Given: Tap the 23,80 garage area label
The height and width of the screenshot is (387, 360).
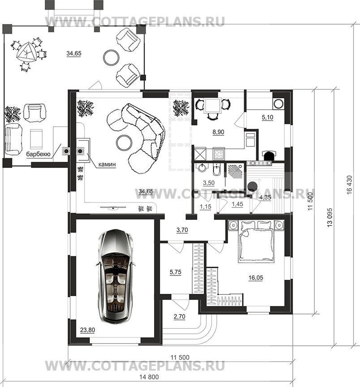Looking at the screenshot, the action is (x=87, y=330).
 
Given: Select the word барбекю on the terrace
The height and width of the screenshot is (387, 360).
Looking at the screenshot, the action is (x=38, y=154).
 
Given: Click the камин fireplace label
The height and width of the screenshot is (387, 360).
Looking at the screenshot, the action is (x=107, y=164).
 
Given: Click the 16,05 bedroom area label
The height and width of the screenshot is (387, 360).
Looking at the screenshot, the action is (x=256, y=278).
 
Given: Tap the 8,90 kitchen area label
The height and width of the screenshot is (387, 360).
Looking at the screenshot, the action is (x=219, y=132).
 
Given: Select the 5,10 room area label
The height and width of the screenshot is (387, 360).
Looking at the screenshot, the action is (x=267, y=117).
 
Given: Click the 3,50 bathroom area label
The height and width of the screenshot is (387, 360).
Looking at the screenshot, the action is (x=209, y=183).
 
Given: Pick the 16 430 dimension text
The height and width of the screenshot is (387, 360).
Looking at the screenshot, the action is (x=349, y=185).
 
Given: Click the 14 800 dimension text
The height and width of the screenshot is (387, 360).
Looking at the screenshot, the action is (x=149, y=377).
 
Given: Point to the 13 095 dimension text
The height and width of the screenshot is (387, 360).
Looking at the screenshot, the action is (x=330, y=218).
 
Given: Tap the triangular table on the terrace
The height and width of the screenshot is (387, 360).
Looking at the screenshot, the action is (x=26, y=53).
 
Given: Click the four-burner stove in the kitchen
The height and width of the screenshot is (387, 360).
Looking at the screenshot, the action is (x=219, y=155).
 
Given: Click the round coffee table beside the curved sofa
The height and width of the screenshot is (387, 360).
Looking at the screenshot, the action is (x=124, y=142).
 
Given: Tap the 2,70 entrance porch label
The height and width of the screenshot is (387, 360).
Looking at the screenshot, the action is (x=180, y=316).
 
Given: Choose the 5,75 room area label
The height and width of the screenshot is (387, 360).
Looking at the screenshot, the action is (x=176, y=272).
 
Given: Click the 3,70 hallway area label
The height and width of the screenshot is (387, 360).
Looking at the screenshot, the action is (x=182, y=230).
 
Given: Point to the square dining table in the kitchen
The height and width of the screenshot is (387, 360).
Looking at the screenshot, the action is (x=212, y=105).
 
